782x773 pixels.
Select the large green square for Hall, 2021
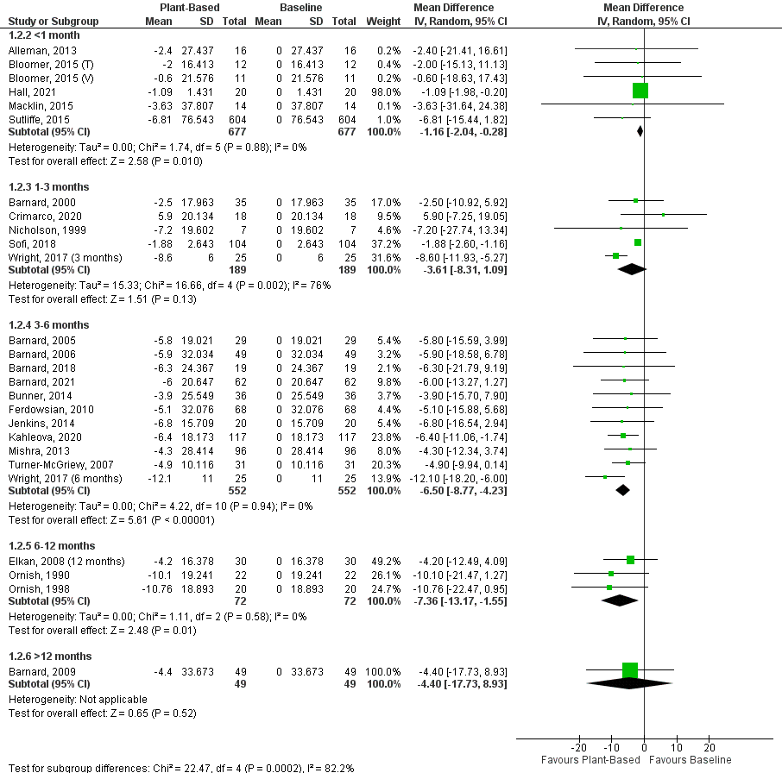coord(640,91)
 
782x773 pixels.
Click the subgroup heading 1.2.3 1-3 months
coord(48,186)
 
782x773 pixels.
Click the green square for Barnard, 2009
coord(629,670)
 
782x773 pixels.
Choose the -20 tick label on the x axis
coord(578,748)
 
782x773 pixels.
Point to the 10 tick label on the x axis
coord(677,748)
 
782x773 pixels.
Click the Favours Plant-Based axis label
coord(590,760)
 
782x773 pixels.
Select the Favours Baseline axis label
coord(690,760)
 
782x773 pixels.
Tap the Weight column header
coord(383,20)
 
